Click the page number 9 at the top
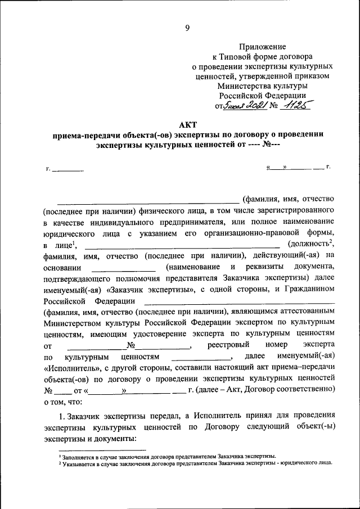click(187, 28)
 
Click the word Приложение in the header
click(263, 47)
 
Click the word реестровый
click(229, 344)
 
